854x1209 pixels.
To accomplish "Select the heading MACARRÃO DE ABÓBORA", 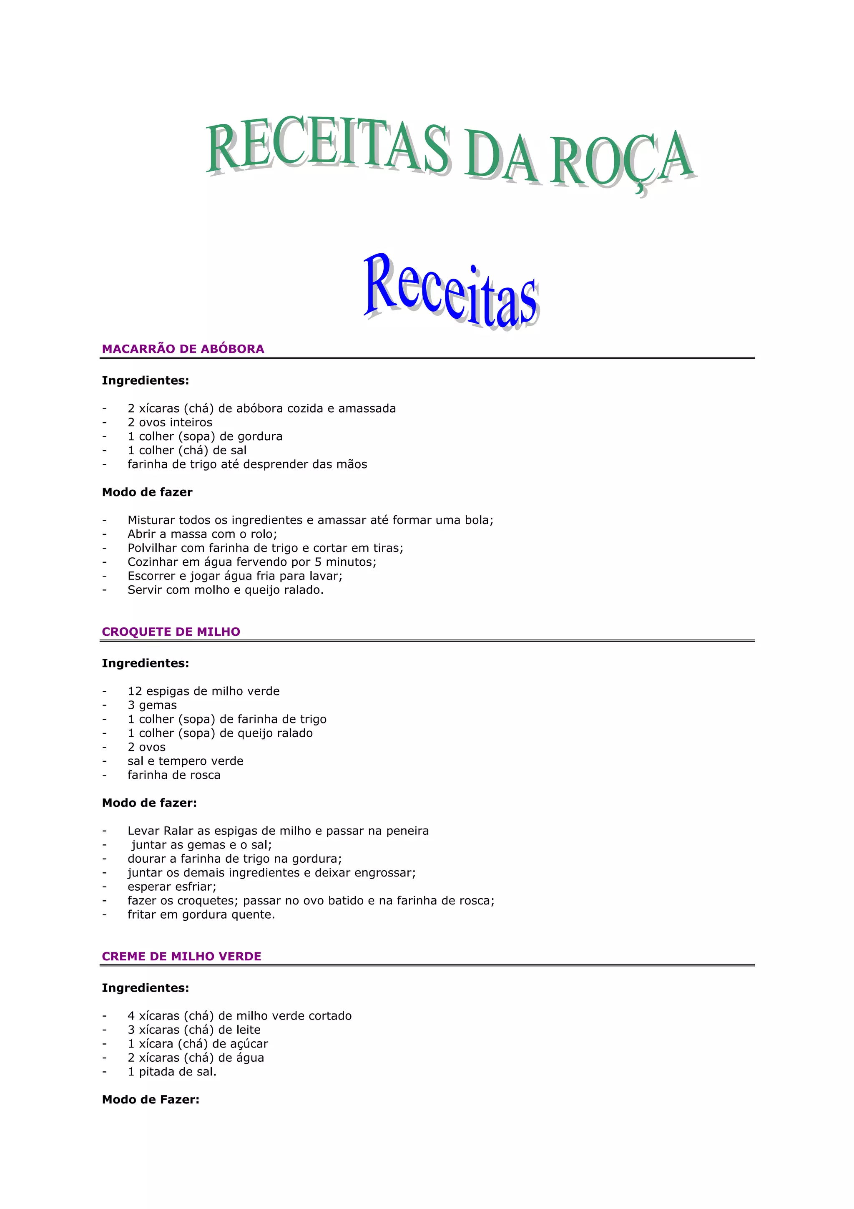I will pos(183,349).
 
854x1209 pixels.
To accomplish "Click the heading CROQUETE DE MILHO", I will pos(171,632).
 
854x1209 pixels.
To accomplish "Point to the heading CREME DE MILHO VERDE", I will pos(181,956).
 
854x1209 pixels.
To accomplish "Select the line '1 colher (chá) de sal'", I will pos(187,450).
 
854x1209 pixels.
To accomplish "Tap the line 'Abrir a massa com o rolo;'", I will pos(202,534).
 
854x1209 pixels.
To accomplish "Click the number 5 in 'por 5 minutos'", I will pos(318,562).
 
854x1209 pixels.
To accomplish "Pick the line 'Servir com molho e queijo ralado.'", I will pos(225,590).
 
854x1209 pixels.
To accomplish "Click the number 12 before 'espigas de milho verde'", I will pos(135,691).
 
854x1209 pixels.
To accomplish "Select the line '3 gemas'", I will pos(152,705).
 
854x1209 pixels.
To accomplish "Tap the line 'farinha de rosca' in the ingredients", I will pos(173,775).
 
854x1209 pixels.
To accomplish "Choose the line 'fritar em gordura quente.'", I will pos(201,914).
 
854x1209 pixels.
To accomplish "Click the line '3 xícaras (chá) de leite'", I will pos(193,1030).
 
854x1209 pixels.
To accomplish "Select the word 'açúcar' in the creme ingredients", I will pos(252,1044).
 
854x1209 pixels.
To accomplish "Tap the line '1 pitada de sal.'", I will pos(171,1072).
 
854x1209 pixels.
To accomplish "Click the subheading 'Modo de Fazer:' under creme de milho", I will pos(151,1099).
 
